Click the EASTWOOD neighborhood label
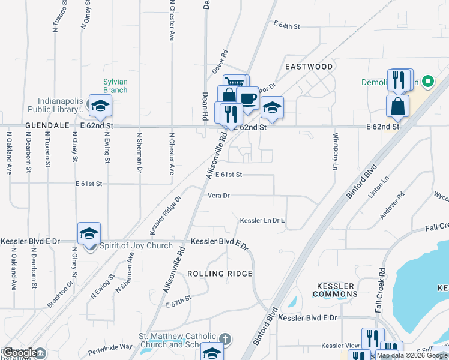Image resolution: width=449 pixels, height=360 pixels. point(309,66)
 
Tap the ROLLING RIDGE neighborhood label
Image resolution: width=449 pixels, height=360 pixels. point(219,274)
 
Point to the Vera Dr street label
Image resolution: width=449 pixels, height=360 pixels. point(218,196)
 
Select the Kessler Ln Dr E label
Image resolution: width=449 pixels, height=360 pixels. point(262,221)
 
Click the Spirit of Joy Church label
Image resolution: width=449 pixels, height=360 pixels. point(136,245)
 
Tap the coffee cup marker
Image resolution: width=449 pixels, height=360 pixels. point(247,98)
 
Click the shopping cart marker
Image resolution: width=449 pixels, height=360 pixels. point(235,83)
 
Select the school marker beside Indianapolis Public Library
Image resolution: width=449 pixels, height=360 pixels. point(100,106)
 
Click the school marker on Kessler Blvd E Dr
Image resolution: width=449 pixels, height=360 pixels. point(89,233)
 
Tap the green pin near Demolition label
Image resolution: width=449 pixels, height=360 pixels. point(428,81)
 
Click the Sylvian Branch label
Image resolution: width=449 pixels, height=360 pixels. point(115,86)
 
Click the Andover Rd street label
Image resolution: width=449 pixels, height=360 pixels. point(392,206)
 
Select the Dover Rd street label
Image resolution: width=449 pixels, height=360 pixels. point(221,62)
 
